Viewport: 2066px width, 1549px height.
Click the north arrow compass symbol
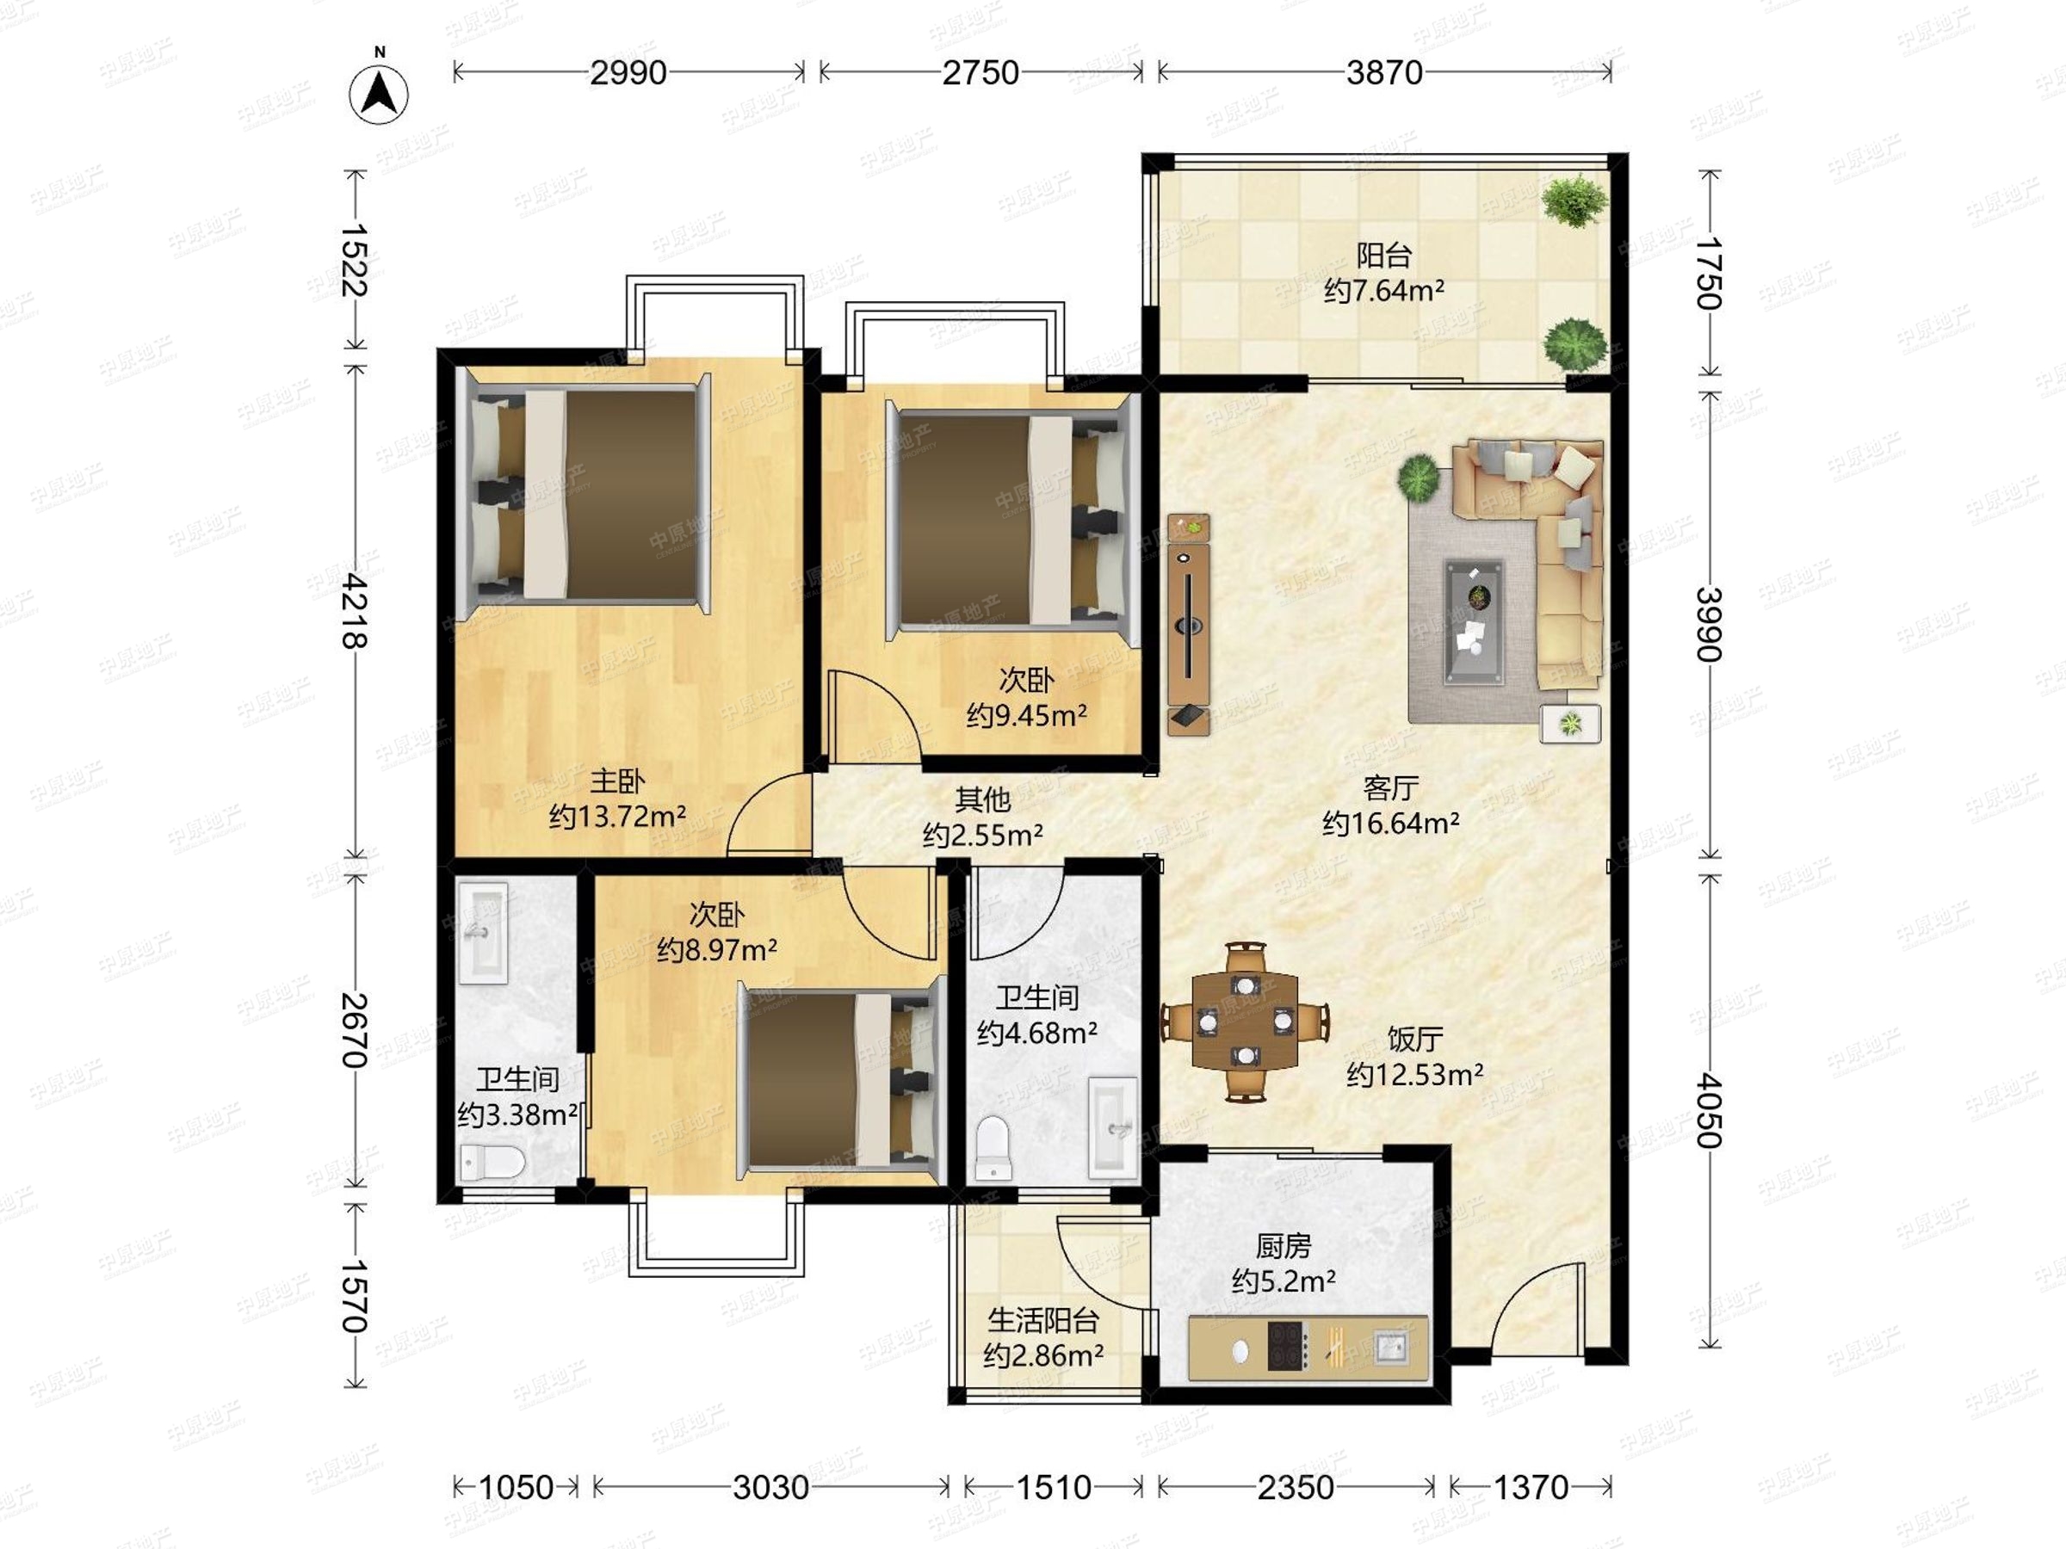click(x=380, y=93)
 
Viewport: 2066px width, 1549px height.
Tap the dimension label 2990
click(x=628, y=73)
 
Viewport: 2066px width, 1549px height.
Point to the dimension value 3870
click(x=1384, y=73)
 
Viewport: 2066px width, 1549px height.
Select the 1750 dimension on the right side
click(x=1710, y=273)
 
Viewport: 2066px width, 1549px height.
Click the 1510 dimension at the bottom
click(x=1054, y=1486)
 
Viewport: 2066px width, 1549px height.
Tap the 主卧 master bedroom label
click(x=616, y=781)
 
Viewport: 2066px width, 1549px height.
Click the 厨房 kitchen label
click(x=1284, y=1245)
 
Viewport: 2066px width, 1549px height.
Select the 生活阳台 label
click(x=1043, y=1320)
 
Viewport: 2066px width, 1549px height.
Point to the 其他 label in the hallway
click(x=982, y=799)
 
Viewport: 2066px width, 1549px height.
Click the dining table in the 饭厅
click(x=1246, y=1021)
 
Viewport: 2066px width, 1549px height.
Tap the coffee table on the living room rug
click(x=1475, y=621)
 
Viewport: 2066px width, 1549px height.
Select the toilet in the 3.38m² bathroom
click(x=492, y=1163)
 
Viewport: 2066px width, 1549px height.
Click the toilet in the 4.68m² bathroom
click(x=993, y=1147)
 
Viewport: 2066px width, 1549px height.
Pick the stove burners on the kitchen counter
click(x=1287, y=1348)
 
